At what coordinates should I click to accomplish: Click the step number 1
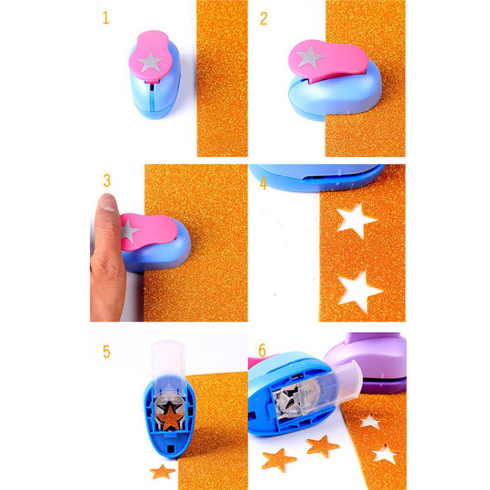tap(105, 18)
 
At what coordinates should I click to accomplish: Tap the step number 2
tap(264, 18)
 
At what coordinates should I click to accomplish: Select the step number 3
tap(107, 180)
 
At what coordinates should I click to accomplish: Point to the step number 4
tap(263, 183)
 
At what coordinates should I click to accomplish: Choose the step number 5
tap(107, 352)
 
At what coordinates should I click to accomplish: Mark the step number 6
tap(262, 350)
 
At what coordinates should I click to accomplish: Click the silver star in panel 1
tap(151, 62)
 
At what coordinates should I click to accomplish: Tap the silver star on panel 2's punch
tap(309, 57)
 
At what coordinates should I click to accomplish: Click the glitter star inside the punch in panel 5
tap(170, 418)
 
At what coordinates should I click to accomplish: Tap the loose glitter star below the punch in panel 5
tap(162, 472)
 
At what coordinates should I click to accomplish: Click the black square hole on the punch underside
tap(171, 449)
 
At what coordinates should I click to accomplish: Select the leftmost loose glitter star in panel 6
tap(278, 460)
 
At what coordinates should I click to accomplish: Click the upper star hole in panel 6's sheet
tap(371, 421)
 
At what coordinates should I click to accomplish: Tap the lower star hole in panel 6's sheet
tap(385, 454)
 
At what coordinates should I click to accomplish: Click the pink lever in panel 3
tap(148, 231)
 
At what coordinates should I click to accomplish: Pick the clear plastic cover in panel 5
tap(168, 369)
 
